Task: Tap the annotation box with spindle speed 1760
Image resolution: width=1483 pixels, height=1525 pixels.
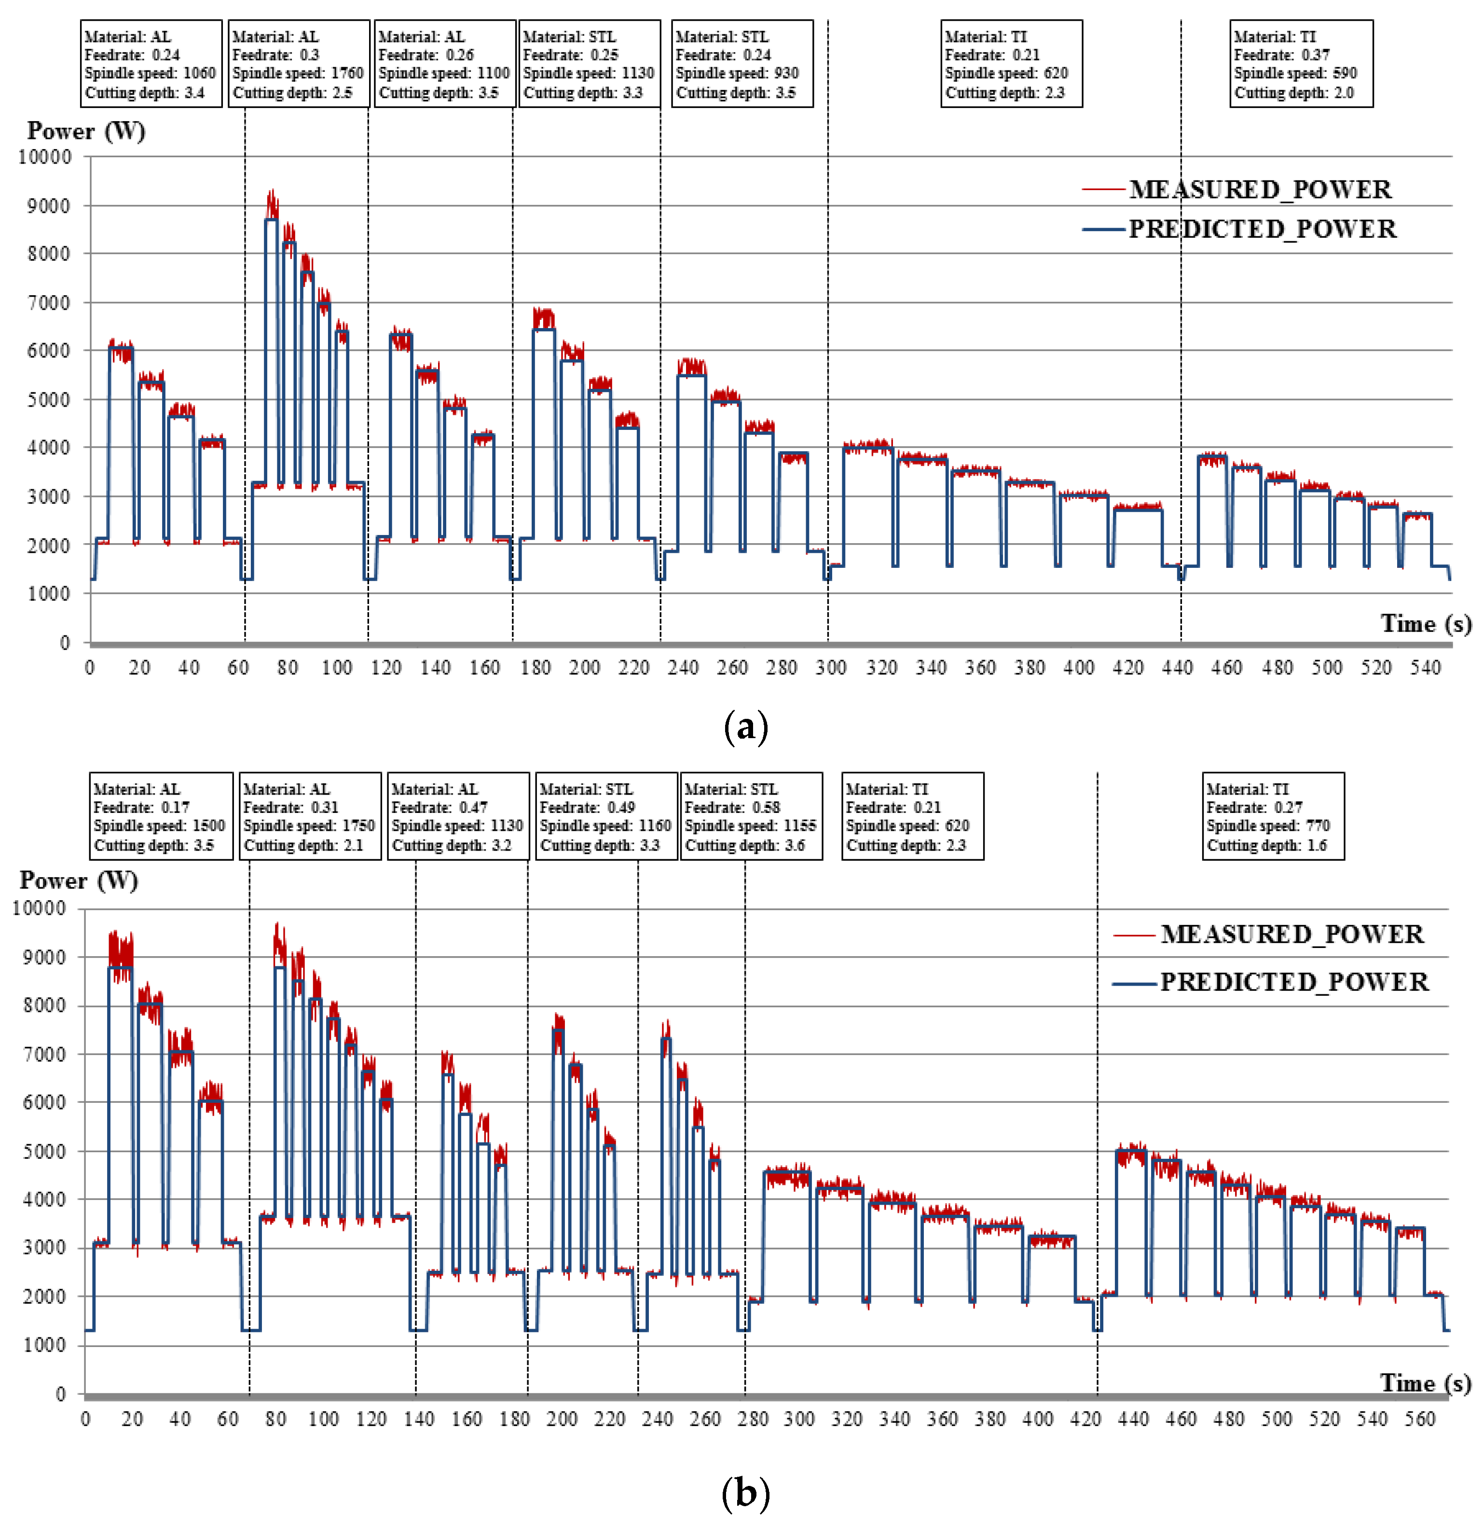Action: point(298,64)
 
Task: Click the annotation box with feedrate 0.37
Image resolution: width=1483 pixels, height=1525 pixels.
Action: point(1300,64)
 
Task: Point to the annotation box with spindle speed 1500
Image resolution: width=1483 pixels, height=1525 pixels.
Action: point(161,816)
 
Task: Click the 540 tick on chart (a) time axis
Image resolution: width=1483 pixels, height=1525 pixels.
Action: point(1425,668)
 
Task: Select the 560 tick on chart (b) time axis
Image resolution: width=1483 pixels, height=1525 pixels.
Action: point(1419,1419)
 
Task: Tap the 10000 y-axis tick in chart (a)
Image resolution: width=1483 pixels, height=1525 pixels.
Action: point(45,156)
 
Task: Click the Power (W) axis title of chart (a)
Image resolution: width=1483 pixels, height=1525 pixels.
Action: point(86,131)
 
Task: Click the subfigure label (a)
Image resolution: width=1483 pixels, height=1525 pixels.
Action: point(745,727)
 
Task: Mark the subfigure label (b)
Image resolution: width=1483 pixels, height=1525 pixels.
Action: point(745,1492)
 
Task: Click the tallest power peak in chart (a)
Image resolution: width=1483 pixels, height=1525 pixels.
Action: point(271,195)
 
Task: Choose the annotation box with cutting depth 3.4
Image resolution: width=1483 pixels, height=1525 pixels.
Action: point(151,64)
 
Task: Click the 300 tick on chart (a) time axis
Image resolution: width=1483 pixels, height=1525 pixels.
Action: point(830,668)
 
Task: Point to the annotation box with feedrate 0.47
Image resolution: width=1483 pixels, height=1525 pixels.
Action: point(458,816)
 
